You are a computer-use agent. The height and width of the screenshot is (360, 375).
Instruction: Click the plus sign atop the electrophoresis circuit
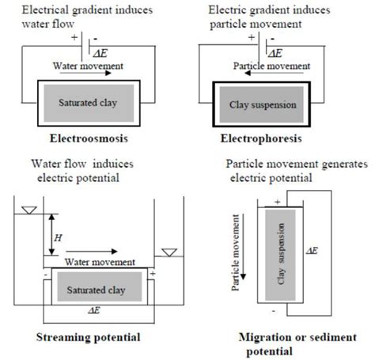tap(252, 36)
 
